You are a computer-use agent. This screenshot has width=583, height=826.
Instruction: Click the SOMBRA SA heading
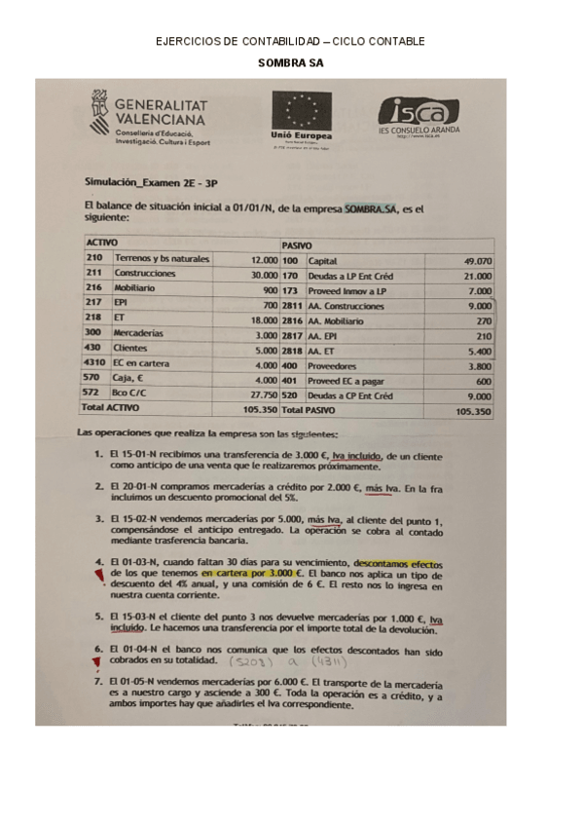290,62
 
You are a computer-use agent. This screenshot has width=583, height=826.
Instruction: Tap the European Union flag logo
302,109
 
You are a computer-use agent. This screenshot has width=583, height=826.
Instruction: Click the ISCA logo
418,111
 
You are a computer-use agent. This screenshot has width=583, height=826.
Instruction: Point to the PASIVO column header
297,244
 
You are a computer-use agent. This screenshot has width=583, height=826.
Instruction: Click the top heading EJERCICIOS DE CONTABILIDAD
290,41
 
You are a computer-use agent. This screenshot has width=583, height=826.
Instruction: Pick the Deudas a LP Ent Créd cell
350,276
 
